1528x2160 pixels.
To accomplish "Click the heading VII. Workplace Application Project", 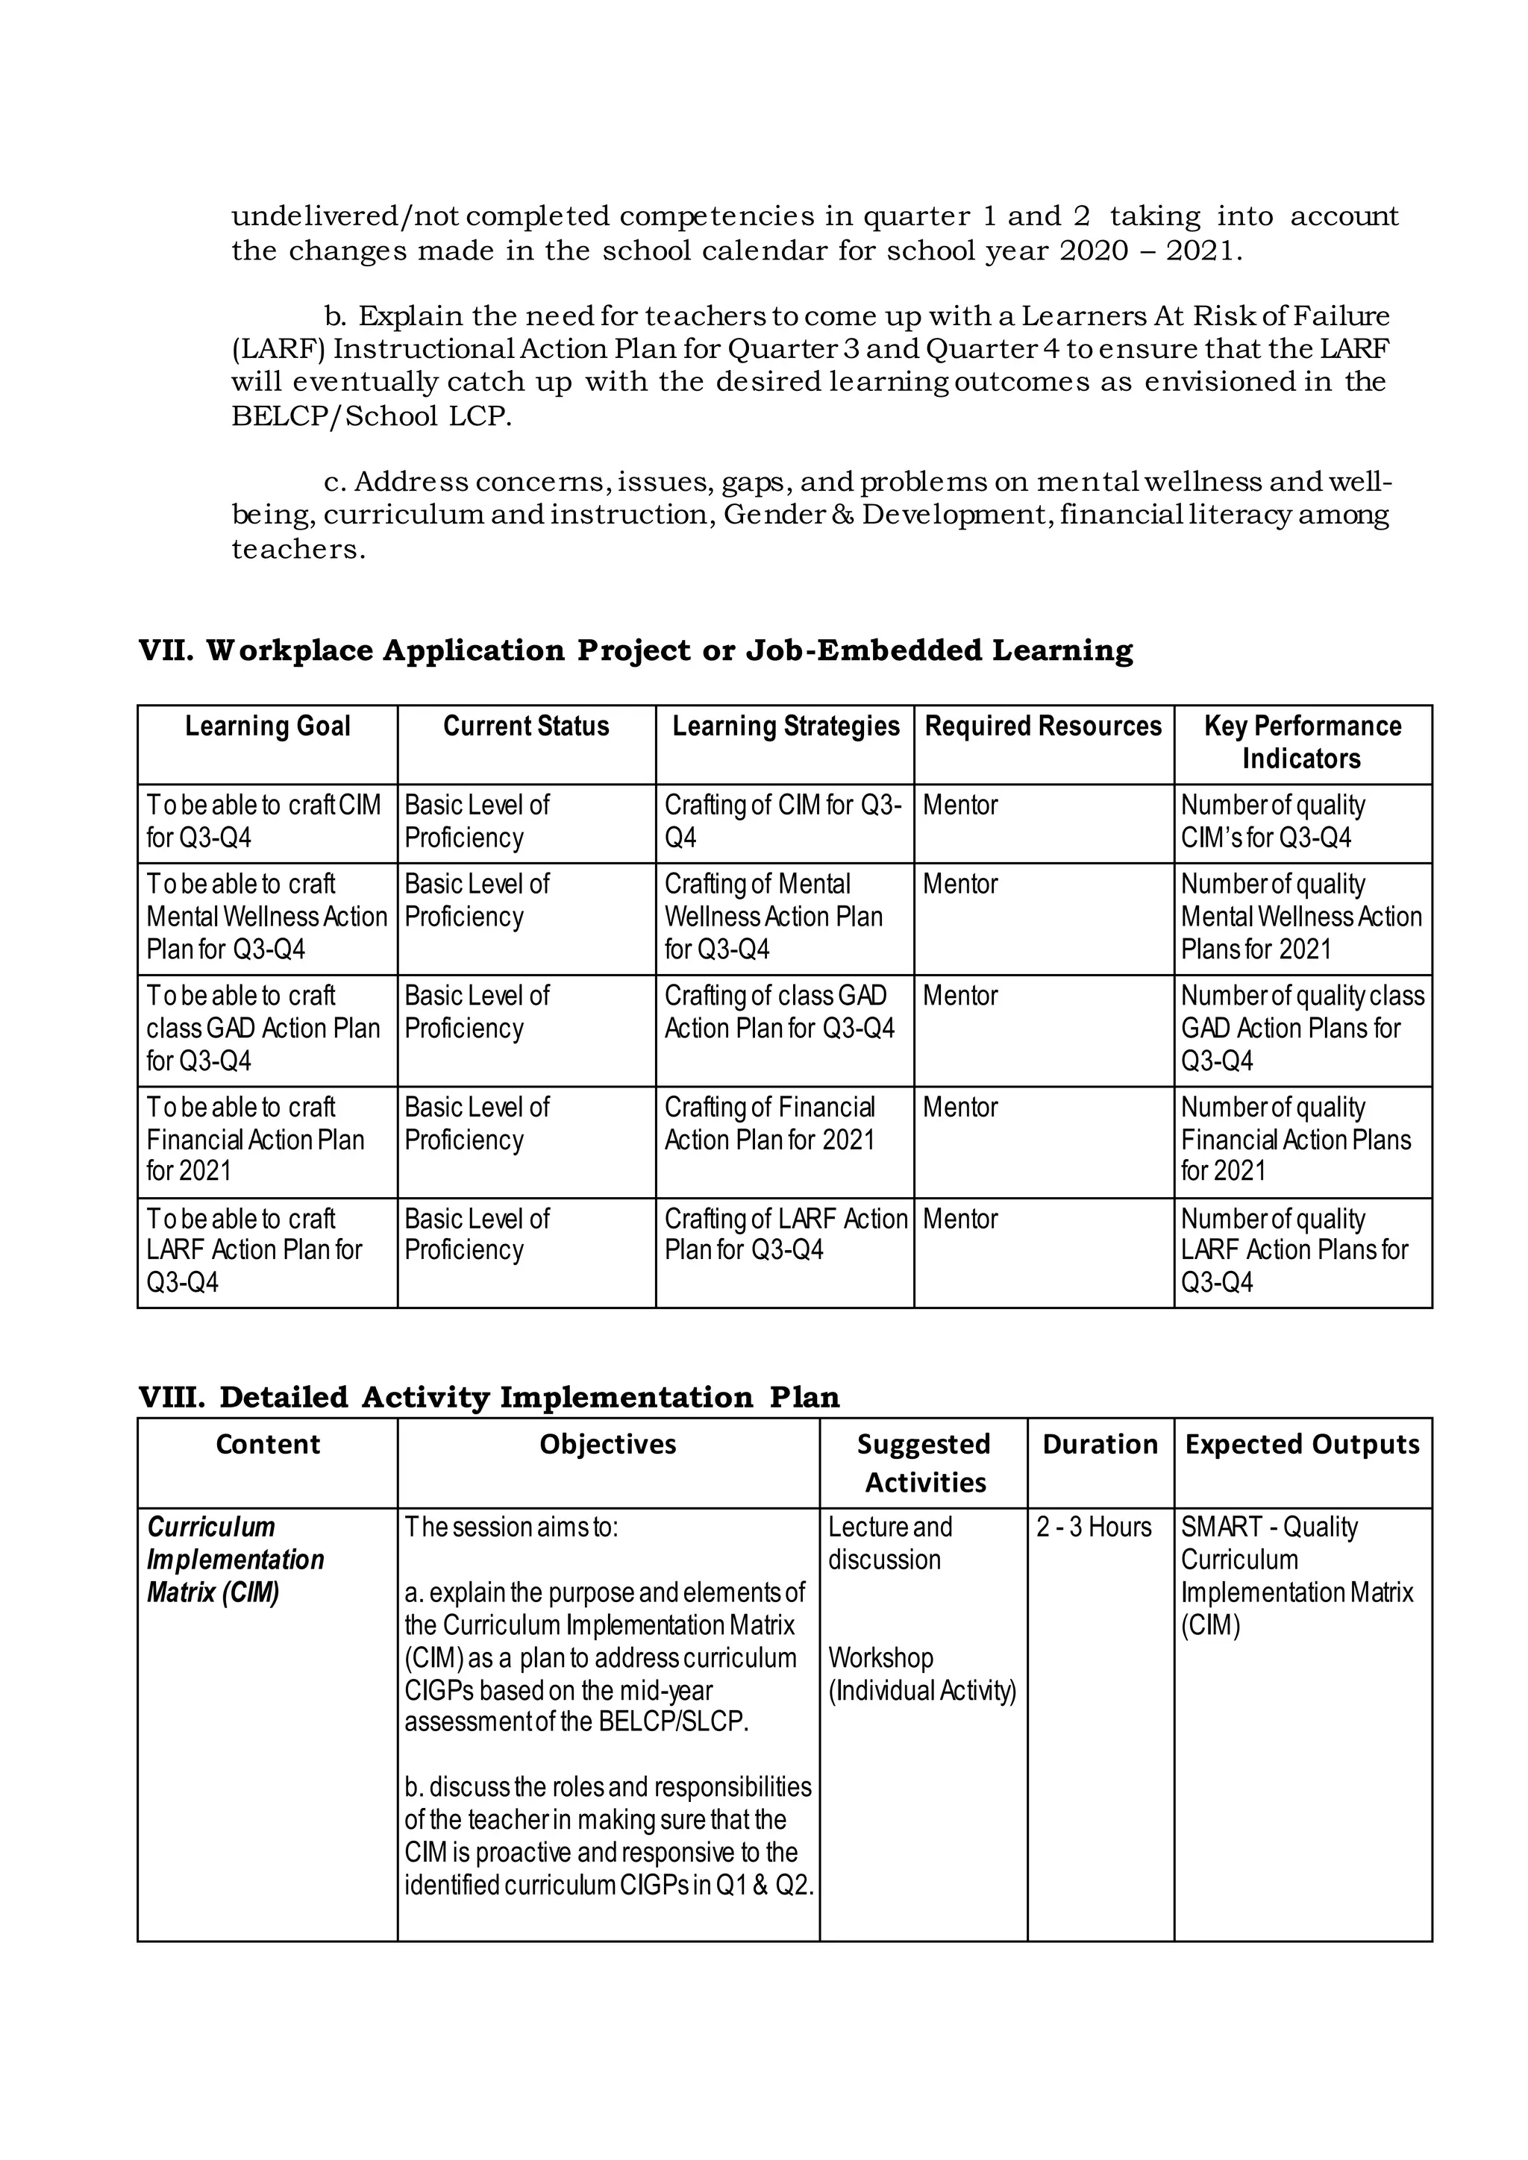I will (x=635, y=650).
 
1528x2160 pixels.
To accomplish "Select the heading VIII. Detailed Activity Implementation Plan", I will (x=489, y=1397).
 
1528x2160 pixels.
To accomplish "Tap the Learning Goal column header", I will (x=267, y=726).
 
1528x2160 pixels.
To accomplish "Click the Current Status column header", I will (x=526, y=726).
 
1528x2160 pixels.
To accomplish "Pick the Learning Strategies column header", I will (x=786, y=726).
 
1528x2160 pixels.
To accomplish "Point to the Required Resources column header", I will (x=1044, y=726).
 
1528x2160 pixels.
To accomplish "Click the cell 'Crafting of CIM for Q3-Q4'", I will (x=783, y=821).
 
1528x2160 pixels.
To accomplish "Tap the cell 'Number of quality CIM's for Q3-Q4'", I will (x=1272, y=821).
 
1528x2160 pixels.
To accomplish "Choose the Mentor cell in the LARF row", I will (x=959, y=1219).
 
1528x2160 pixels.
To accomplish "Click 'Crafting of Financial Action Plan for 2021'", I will (x=770, y=1123).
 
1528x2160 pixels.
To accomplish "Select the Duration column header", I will (x=1100, y=1444).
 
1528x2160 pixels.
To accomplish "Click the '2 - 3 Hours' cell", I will (x=1093, y=1527).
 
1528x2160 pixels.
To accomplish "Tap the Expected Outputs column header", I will (x=1302, y=1444).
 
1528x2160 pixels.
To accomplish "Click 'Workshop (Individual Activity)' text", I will (x=921, y=1674).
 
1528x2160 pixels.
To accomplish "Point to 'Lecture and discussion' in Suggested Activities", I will (x=889, y=1543).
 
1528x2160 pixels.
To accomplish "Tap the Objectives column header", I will (x=608, y=1444).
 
